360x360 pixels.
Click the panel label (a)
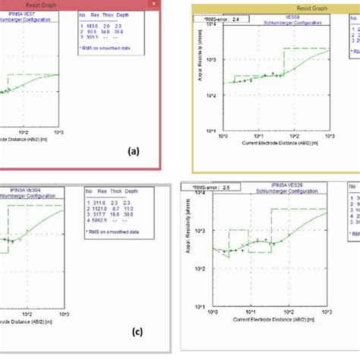(134, 151)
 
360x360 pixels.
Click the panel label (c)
(137, 331)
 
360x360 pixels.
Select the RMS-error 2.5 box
(215, 185)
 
